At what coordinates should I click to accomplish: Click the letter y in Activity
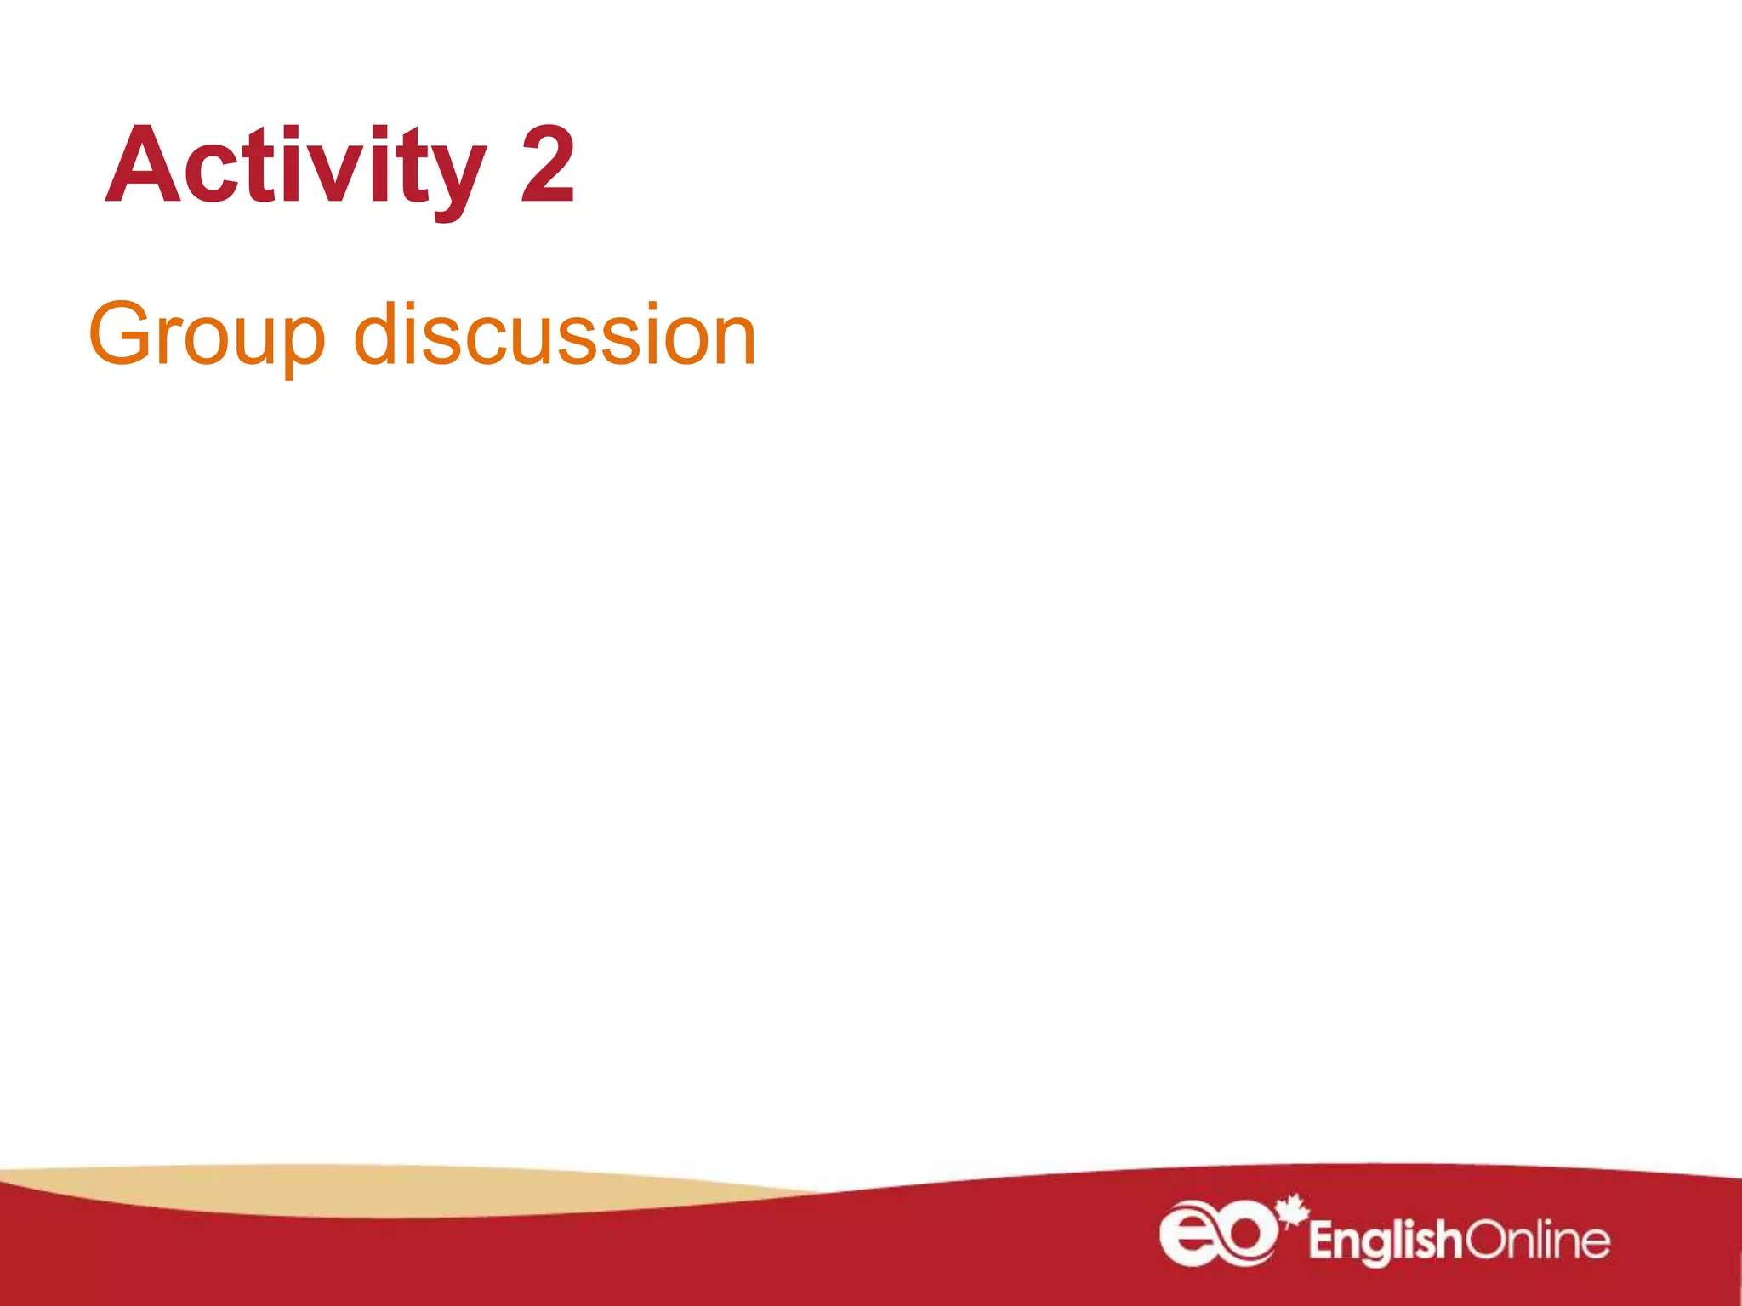458,174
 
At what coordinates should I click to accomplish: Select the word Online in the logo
1536,1241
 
